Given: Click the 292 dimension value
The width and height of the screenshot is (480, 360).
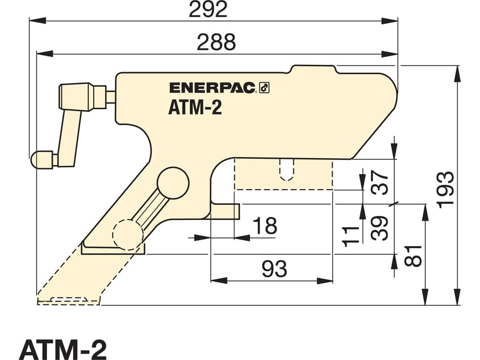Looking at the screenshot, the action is pos(208,9).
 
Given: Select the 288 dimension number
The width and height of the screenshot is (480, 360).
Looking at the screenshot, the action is pos(216,42).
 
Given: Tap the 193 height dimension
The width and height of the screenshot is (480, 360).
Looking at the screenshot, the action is pos(445,190).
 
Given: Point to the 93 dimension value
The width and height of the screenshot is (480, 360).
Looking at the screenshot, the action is pos(275,269).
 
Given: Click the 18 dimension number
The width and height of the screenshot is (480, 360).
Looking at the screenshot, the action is pos(265,226).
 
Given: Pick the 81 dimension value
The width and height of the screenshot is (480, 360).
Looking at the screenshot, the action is pos(413,256).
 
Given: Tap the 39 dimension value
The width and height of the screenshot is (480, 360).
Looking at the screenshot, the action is pos(380,228).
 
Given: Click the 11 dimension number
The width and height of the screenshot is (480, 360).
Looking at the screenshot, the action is pos(350,236).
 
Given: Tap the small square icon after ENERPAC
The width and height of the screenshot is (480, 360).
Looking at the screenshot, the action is pos(264,88).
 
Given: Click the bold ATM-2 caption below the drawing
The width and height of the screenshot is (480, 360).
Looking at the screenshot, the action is pos(63,349).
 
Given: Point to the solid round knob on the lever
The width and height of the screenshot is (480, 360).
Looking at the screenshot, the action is pos(173,183).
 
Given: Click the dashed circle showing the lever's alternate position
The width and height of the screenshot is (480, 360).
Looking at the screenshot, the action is pos(128,235).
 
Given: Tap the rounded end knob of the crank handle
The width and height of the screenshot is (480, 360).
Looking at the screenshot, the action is pos(42,159).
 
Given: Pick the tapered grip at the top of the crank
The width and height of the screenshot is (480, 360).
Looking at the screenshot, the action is pos(76,96).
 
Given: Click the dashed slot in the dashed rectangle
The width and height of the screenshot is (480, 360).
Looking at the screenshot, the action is pos(287,169).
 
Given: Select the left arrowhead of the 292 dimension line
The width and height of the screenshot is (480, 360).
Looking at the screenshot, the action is pos(37,21).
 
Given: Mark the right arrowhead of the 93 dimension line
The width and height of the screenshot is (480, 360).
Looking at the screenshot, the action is pos(324,280).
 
